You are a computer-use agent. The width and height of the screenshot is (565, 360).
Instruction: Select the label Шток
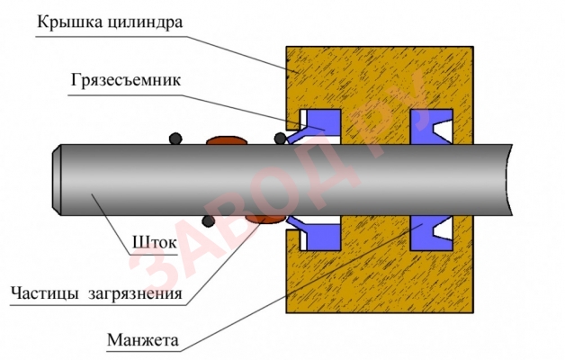150,242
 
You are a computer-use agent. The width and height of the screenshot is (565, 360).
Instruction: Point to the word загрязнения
134,294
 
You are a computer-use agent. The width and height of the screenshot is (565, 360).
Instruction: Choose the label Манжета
143,342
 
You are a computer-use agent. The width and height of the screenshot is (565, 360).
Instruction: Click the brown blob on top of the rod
226,140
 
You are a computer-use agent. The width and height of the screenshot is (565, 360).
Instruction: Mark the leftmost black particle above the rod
177,139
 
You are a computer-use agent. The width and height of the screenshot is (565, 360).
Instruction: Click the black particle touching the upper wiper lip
281,138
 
